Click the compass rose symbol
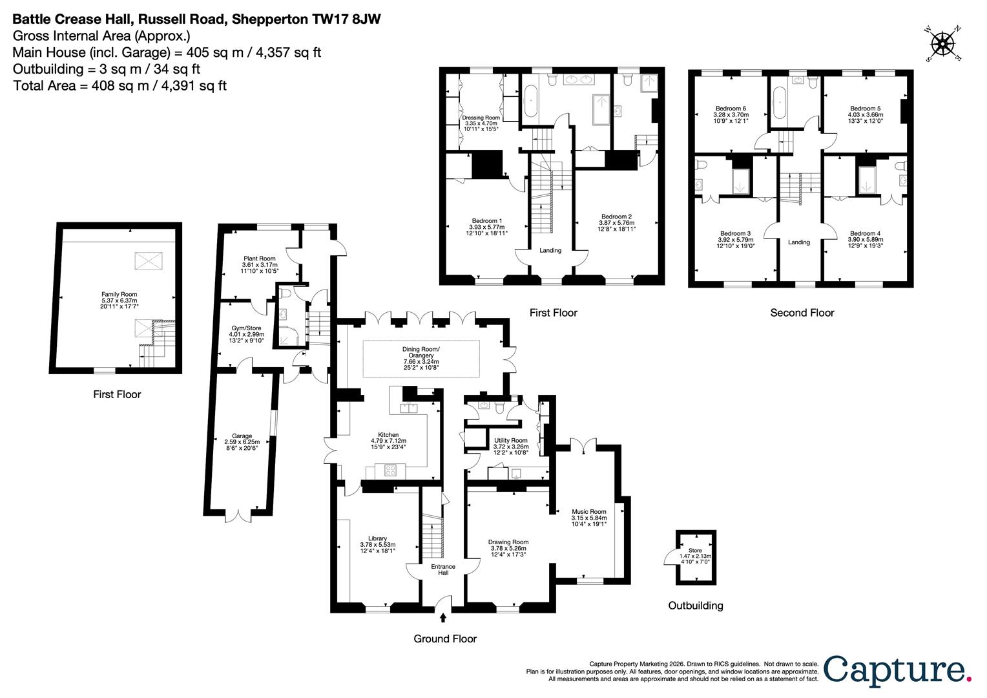[944, 44]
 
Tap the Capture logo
[897, 669]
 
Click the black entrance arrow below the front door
[443, 619]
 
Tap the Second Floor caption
[802, 313]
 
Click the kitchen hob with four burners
[390, 471]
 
